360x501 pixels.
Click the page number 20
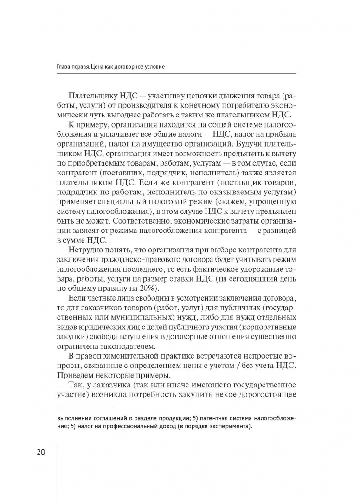click(38, 452)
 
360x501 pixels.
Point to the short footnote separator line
click(84, 408)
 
